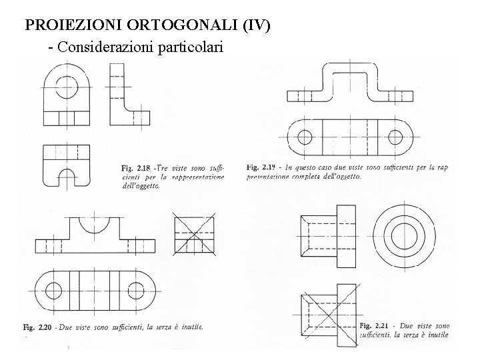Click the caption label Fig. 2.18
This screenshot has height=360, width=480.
(x=137, y=167)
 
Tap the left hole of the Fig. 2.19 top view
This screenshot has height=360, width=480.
(x=304, y=138)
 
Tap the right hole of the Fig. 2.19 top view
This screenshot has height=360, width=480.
(x=395, y=138)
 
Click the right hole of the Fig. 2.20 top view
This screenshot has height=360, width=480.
(x=135, y=291)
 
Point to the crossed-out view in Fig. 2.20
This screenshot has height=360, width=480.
(x=195, y=235)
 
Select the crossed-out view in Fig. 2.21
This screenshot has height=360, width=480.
(x=326, y=320)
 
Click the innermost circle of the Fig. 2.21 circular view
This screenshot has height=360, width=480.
(x=403, y=235)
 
